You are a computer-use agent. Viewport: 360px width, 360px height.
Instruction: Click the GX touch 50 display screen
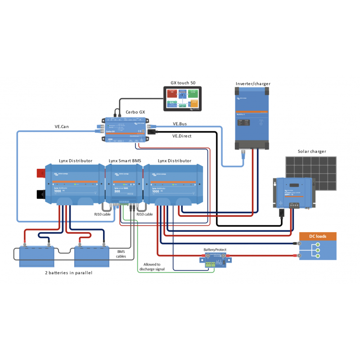[182, 99]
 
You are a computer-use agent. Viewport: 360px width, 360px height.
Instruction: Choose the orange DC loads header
[318, 236]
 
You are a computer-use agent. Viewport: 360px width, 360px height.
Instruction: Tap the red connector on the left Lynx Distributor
[41, 173]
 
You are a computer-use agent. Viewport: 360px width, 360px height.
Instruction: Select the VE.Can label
[62, 127]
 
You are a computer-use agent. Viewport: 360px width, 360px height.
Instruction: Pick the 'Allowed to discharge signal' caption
[154, 266]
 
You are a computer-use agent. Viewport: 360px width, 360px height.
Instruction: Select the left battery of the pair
[37, 256]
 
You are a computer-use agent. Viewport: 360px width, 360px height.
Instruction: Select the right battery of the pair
[92, 256]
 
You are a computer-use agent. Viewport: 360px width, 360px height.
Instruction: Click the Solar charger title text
[312, 151]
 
